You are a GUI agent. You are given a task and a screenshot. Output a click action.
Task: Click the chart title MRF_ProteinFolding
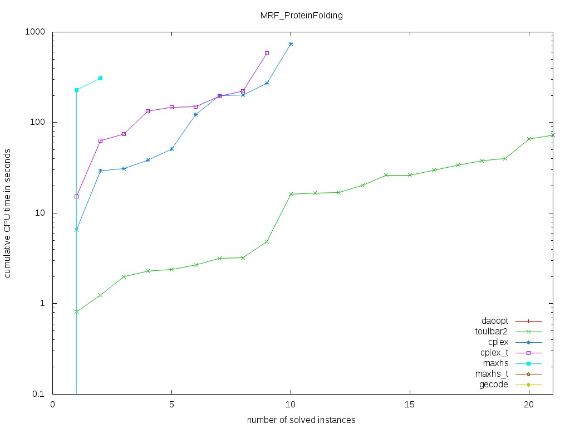coord(302,16)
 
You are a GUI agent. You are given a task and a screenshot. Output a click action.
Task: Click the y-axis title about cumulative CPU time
coord(8,213)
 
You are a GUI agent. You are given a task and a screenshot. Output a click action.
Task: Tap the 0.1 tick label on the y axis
coord(38,394)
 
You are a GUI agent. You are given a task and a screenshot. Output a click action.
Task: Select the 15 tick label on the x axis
coord(410,405)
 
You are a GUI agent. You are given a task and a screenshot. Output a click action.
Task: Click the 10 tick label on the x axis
coord(291,405)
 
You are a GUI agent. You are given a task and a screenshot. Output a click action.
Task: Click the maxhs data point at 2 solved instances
coord(100,78)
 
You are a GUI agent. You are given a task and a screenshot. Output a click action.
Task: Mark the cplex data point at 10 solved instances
coord(291,43)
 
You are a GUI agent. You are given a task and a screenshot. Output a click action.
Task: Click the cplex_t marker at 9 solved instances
coord(267,53)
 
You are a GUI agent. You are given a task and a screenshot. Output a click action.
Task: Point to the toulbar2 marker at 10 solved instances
coord(291,194)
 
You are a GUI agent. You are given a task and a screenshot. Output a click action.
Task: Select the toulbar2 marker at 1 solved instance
coord(76,312)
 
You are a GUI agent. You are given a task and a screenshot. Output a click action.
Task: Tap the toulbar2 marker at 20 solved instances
coord(529,139)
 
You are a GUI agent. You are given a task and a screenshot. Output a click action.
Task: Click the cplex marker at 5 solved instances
coord(171,149)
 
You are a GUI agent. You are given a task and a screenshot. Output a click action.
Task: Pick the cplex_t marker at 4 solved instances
coord(148,111)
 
